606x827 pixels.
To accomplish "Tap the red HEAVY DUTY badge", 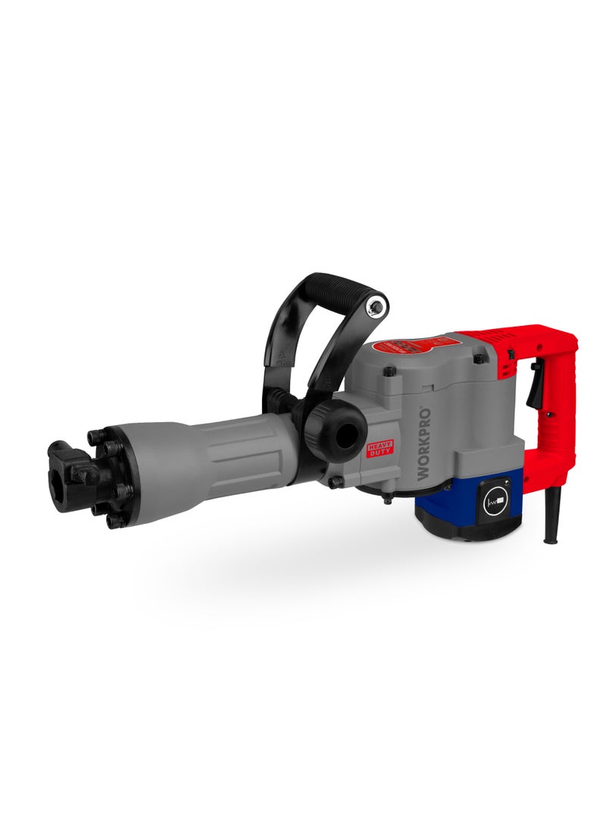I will coord(380,448).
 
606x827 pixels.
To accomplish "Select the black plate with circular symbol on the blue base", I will coord(496,501).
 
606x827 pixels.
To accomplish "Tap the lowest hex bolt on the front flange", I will coord(114,521).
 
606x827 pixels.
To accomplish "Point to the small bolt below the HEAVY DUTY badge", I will coord(336,481).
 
